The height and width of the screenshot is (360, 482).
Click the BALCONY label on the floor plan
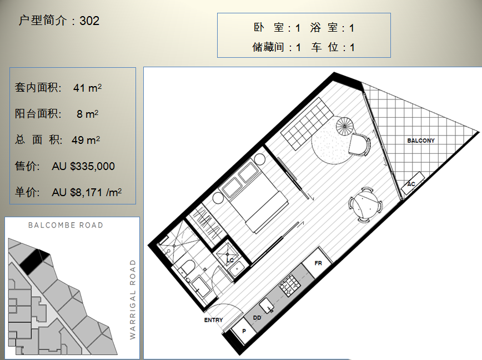click(421, 141)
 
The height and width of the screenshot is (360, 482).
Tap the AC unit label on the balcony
click(411, 184)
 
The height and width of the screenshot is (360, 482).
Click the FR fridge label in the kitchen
click(318, 263)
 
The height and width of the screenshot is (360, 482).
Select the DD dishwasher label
click(257, 318)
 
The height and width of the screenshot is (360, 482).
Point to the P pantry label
click(244, 331)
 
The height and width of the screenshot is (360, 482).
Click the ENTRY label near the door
click(213, 320)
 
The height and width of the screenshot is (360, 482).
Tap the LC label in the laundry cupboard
click(230, 260)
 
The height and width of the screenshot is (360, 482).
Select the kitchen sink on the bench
click(266, 306)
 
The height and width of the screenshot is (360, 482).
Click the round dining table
click(365, 204)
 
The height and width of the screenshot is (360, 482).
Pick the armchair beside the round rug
click(359, 144)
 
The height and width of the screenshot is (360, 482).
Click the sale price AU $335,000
click(83, 166)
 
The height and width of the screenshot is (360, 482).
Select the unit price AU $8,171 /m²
click(87, 192)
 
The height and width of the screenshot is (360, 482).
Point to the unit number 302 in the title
click(89, 21)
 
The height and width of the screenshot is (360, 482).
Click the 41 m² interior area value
click(87, 88)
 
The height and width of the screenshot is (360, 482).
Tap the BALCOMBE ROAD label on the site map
click(66, 225)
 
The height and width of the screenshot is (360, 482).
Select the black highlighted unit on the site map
click(34, 261)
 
